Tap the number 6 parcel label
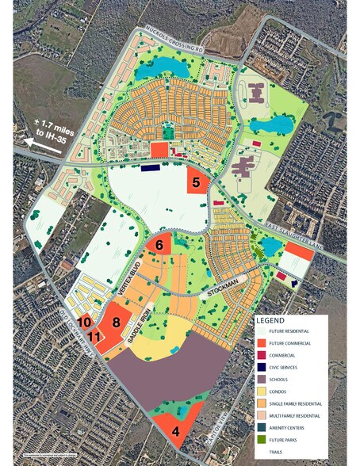click(159, 246)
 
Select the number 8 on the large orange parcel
click(117, 322)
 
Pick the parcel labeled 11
click(94, 338)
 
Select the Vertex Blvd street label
click(123, 278)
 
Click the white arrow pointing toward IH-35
click(33, 142)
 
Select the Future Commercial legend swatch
click(262, 343)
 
